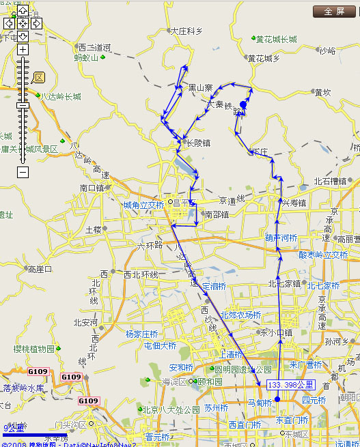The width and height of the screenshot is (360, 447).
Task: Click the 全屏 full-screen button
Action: click(335, 12)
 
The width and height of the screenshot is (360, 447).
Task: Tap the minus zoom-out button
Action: click(23, 172)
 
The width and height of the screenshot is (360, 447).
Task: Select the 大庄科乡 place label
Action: click(186, 31)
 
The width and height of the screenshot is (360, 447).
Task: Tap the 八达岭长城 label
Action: click(61, 96)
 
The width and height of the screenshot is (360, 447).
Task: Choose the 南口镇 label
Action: click(92, 188)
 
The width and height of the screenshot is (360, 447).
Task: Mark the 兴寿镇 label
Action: click(294, 203)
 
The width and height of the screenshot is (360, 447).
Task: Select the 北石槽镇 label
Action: click(331, 182)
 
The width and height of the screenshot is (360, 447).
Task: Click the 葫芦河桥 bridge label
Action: click(281, 238)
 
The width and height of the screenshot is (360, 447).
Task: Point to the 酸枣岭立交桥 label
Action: click(323, 255)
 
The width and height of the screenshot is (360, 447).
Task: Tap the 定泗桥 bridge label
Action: click(214, 287)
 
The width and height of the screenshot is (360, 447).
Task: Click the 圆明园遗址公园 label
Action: click(238, 369)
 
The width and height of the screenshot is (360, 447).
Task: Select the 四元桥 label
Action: click(315, 400)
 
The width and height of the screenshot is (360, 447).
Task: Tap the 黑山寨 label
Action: click(201, 88)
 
